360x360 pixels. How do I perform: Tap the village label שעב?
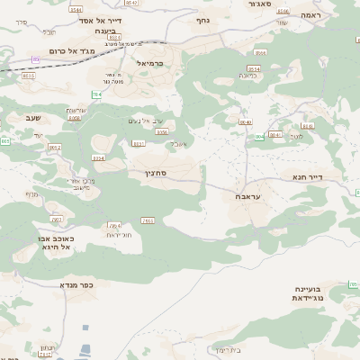click(x=33, y=118)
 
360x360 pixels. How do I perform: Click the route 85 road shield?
click(x=36, y=59)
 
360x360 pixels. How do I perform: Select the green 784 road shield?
click(x=96, y=94)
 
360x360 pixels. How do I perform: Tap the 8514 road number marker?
click(x=255, y=68)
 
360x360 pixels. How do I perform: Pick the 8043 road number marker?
click(x=260, y=137)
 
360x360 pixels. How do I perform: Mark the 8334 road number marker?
click(x=98, y=157)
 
